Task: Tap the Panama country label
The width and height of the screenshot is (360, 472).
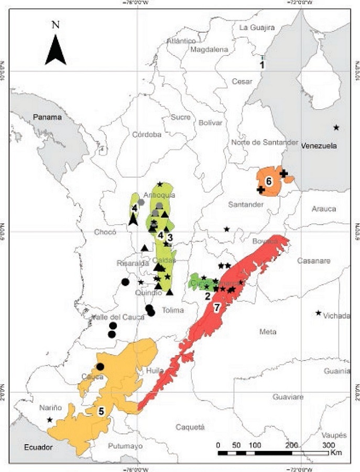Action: tap(48, 117)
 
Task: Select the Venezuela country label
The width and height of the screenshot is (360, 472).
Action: tap(318, 146)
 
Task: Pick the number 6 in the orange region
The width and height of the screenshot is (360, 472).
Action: tap(269, 181)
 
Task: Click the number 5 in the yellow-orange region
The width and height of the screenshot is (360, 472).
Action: tap(101, 412)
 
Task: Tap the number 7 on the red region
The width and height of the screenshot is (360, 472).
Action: tap(216, 308)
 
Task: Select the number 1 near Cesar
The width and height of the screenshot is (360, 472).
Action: tap(263, 65)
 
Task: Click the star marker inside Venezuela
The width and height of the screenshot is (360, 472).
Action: tap(336, 127)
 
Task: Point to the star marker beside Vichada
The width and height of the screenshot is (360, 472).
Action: tap(318, 313)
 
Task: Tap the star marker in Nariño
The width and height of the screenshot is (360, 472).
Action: tap(49, 420)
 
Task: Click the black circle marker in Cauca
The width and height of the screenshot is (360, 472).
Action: tap(100, 367)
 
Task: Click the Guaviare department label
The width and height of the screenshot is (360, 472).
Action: tap(288, 397)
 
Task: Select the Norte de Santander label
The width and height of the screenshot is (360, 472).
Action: tap(264, 143)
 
